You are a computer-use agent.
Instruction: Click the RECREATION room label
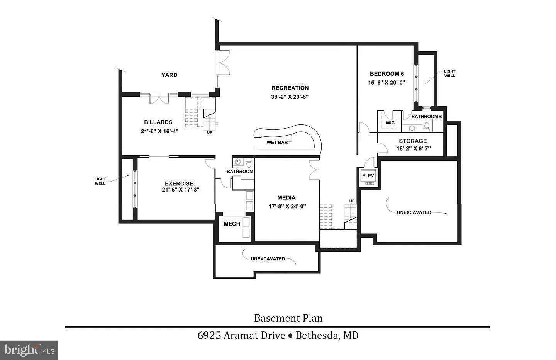(290, 88)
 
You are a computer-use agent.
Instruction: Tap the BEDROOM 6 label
(386, 74)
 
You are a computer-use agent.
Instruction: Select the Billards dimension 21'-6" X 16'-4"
(159, 131)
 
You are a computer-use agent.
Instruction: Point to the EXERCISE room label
(179, 183)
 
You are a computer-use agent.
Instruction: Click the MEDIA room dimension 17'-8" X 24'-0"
(287, 206)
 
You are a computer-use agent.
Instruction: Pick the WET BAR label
(277, 143)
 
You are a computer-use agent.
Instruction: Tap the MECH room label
(232, 224)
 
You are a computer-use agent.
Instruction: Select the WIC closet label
(390, 123)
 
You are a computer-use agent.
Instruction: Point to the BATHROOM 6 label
(427, 117)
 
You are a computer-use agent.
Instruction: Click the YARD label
(169, 75)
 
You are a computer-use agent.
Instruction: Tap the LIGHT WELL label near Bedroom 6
(449, 73)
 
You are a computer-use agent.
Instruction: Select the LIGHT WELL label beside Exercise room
(100, 181)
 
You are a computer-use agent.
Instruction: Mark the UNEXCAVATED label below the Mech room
(268, 259)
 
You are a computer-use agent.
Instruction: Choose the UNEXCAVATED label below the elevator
(414, 212)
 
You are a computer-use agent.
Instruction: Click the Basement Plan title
(288, 318)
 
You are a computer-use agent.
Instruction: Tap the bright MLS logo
(29, 350)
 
